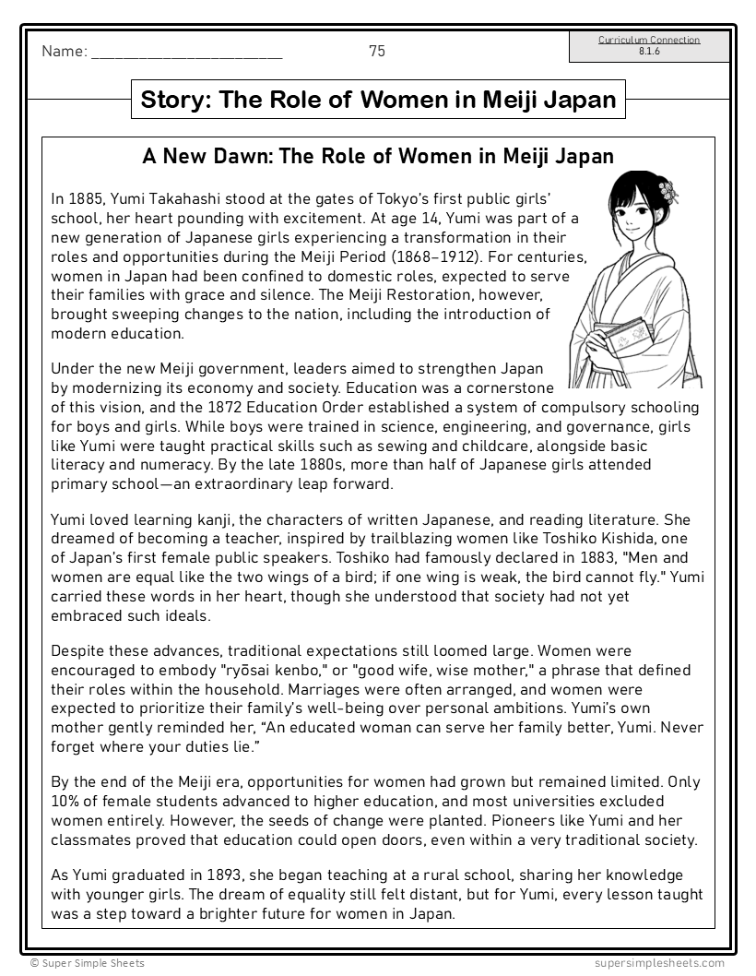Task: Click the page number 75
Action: click(376, 52)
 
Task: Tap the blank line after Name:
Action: click(187, 54)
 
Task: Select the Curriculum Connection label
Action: click(649, 40)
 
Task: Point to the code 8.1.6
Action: click(649, 51)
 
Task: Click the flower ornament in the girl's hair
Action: click(668, 191)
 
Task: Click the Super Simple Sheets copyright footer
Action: click(87, 963)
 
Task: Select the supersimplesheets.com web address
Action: click(659, 963)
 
